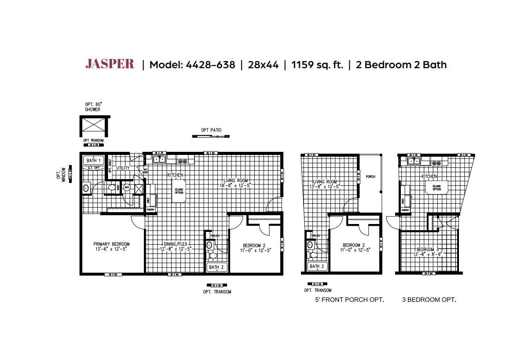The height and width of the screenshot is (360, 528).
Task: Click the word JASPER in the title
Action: point(110,64)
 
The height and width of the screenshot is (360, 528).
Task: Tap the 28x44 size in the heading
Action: point(263,65)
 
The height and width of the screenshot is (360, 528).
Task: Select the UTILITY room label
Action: point(122,168)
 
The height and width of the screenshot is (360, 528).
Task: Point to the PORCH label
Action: point(370,176)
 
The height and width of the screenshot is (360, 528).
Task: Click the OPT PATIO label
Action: point(211,130)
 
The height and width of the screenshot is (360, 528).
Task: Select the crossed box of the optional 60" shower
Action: point(95,126)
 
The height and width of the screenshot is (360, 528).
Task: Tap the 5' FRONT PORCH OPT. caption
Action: point(349,300)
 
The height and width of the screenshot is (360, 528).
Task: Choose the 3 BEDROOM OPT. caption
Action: point(429,300)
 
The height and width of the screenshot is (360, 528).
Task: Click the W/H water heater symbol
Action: point(127,188)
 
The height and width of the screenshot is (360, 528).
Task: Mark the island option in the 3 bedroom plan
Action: point(436,188)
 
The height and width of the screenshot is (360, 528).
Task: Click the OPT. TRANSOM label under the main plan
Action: point(217,292)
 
